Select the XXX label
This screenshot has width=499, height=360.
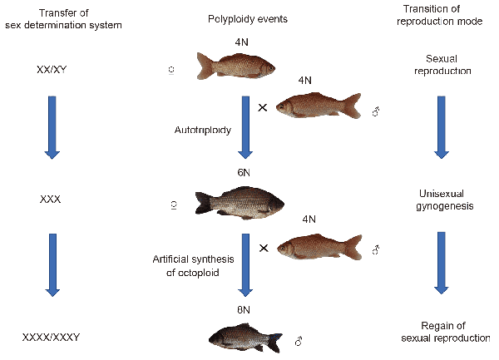[52, 200]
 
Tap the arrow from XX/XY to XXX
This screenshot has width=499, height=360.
[52, 126]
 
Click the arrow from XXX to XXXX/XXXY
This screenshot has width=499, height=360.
[52, 265]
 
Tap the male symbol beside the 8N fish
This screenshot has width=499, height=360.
[298, 340]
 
